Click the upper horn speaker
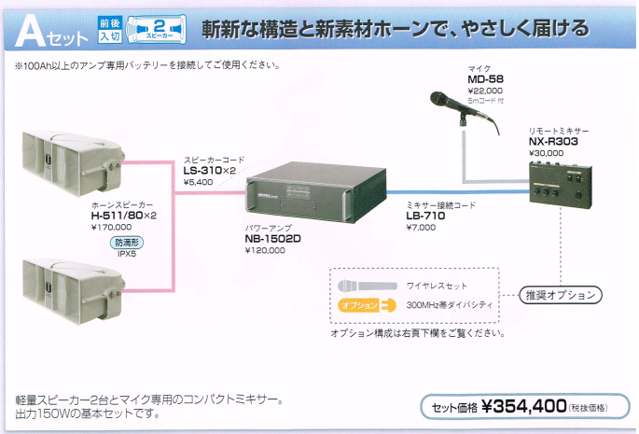point(74,163)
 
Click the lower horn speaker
point(74,291)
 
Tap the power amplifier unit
point(316,191)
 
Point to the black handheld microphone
point(465,111)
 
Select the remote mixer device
point(561,185)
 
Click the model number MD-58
point(485,79)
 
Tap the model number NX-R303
point(553,142)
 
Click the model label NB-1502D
point(272,239)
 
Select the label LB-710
point(425,216)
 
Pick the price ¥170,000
point(111,227)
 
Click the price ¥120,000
point(265,250)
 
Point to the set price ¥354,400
point(523,406)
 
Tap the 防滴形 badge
point(127,243)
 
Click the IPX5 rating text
point(127,254)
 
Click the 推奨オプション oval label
point(561,295)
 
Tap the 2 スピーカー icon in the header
point(157,29)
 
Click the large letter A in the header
point(30,31)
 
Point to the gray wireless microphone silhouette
point(368,286)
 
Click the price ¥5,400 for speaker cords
point(198,182)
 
